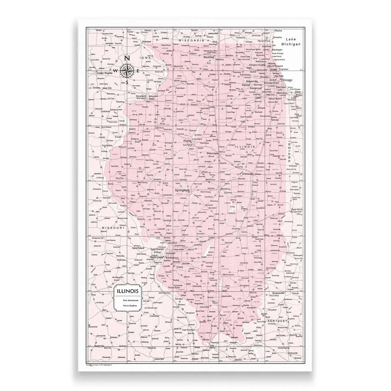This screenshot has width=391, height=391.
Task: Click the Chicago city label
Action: point(287,80)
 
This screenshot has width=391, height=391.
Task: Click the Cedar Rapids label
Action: point(104,73)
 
